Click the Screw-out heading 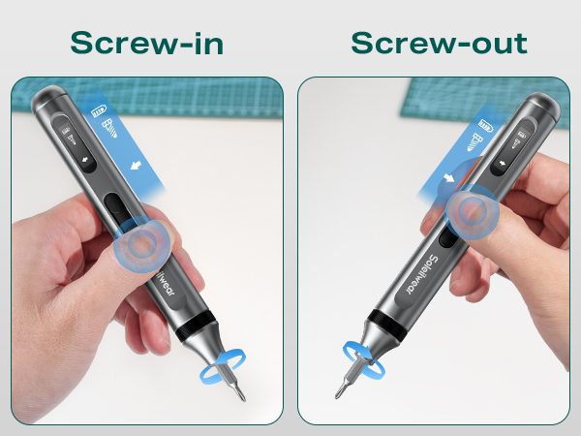click(438, 43)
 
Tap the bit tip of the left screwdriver click(242, 396)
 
